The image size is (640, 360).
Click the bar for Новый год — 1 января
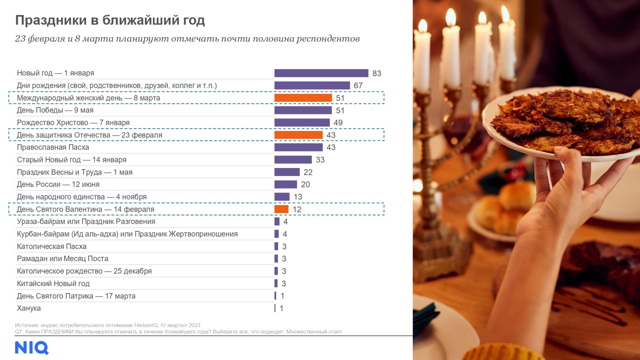[x=321, y=73]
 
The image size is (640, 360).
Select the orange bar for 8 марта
[x=303, y=98]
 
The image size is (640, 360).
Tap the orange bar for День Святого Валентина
[x=281, y=209]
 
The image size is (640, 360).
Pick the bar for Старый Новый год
[x=293, y=160]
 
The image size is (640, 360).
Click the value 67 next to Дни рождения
[x=358, y=86]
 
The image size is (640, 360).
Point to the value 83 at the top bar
[x=376, y=73]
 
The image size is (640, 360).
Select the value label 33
[x=320, y=160]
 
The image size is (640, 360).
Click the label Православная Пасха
[x=53, y=148]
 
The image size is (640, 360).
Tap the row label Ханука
[x=29, y=308]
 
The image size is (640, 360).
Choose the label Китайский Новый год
[x=53, y=284]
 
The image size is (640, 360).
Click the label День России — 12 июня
[x=58, y=185]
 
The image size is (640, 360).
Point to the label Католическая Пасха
[x=52, y=247]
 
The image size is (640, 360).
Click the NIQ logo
[x=32, y=348]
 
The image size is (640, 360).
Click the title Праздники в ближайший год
[x=110, y=20]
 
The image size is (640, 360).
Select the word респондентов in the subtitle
[x=328, y=39]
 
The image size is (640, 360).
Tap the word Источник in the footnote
[x=26, y=325]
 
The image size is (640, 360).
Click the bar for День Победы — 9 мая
[x=303, y=110]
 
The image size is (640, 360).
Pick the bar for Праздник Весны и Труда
[x=287, y=172]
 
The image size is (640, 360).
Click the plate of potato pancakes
[x=563, y=122]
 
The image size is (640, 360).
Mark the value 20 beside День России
[x=305, y=185]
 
